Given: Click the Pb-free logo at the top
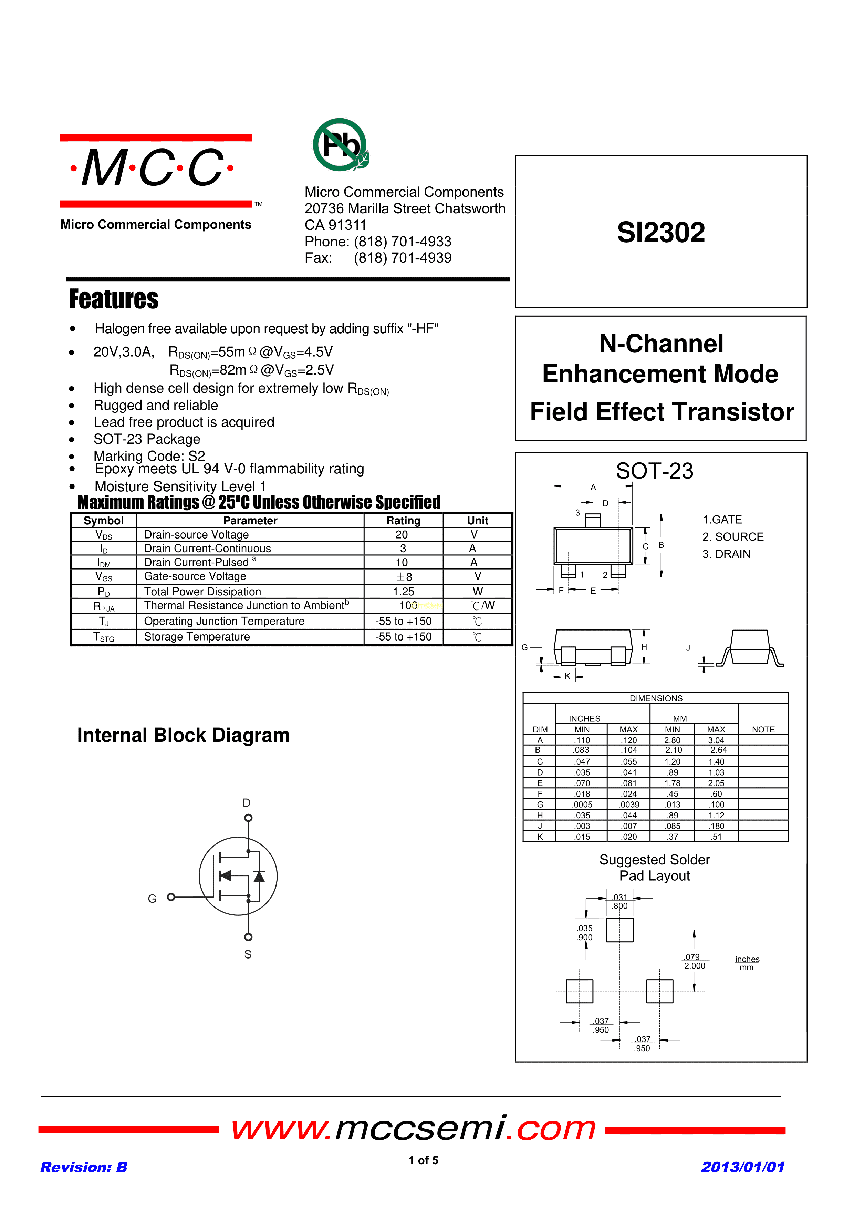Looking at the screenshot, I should [341, 145].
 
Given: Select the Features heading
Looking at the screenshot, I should [113, 299].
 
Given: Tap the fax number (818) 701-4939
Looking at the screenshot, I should [403, 258].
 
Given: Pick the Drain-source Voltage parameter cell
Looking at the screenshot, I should [196, 534].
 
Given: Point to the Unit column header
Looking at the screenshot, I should [477, 520].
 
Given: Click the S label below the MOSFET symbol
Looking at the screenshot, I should [248, 954].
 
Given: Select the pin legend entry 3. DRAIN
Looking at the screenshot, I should [726, 554].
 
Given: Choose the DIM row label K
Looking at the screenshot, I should [540, 837].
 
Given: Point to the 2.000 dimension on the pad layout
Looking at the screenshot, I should [695, 966].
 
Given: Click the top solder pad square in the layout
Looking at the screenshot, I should [619, 930].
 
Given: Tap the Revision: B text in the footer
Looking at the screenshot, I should [84, 1167].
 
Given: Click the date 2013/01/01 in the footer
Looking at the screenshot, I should [742, 1167].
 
